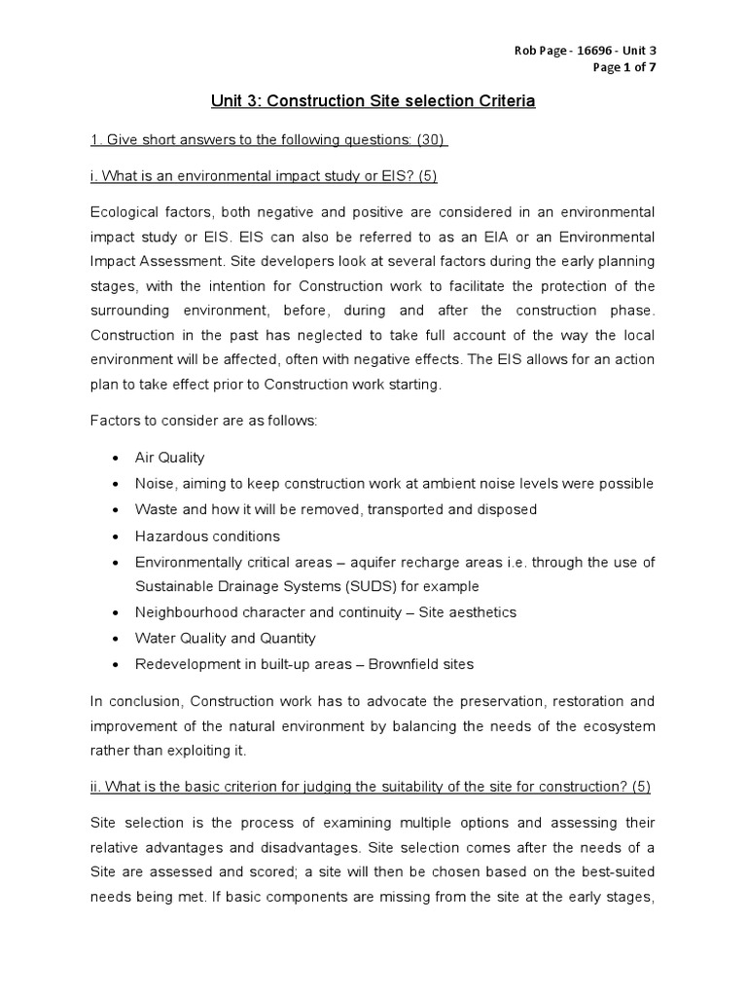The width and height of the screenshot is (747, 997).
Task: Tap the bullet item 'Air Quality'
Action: click(x=170, y=458)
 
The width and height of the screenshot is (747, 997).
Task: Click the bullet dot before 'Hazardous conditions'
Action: click(x=116, y=536)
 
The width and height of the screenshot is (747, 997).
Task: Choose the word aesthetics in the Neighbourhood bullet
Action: click(x=482, y=612)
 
